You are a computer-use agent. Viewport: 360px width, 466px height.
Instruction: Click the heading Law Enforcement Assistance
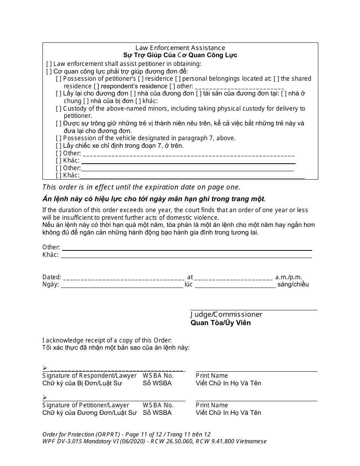pyautogui.click(x=180, y=48)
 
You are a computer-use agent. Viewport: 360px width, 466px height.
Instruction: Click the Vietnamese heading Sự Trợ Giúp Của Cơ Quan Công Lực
pyautogui.click(x=180, y=55)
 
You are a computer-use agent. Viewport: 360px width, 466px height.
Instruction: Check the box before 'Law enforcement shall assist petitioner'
pyautogui.click(x=49, y=64)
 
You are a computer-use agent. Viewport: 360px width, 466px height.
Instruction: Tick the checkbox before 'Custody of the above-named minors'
pyautogui.click(x=59, y=109)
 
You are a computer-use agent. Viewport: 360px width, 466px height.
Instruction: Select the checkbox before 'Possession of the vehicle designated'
pyautogui.click(x=59, y=138)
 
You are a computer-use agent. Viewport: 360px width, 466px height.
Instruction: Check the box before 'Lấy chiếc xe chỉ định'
pyautogui.click(x=59, y=146)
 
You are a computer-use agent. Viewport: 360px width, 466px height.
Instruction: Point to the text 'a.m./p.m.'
pyautogui.click(x=289, y=277)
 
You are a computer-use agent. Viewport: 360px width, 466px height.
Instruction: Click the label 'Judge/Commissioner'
pyautogui.click(x=226, y=314)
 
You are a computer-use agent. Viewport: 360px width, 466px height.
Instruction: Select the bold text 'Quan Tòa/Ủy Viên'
pyautogui.click(x=221, y=323)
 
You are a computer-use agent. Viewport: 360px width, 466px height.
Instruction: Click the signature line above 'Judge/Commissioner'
pyautogui.click(x=254, y=310)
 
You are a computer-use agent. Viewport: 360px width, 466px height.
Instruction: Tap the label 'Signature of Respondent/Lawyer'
pyautogui.click(x=89, y=376)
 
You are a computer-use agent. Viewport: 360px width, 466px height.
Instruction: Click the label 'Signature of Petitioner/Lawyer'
pyautogui.click(x=86, y=405)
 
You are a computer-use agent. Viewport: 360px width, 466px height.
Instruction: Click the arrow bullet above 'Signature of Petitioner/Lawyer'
pyautogui.click(x=45, y=397)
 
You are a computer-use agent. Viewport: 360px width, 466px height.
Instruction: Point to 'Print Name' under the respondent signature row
pyautogui.click(x=212, y=376)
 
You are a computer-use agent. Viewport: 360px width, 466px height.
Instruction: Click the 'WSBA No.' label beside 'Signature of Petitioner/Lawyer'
pyautogui.click(x=158, y=405)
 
